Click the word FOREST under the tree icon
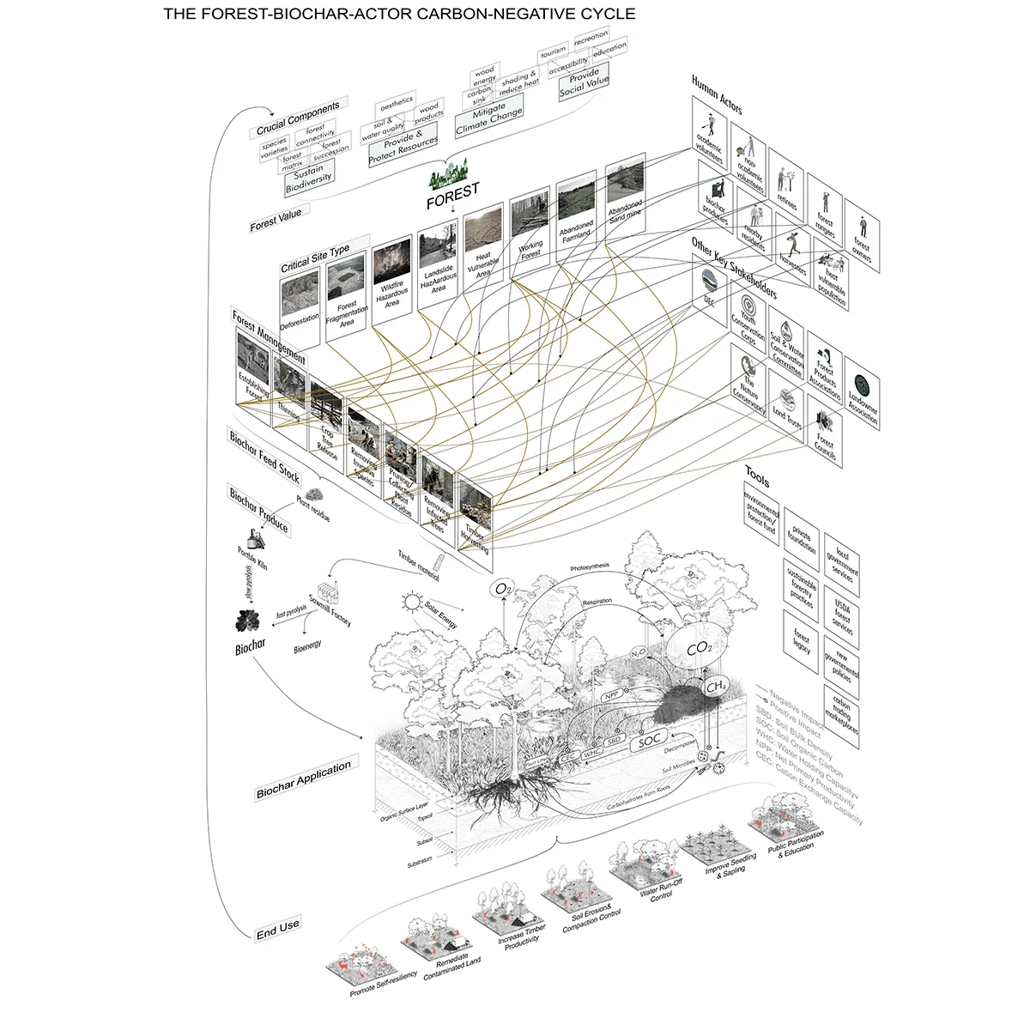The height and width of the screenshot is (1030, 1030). (453, 192)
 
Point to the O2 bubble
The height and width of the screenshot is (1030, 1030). (502, 590)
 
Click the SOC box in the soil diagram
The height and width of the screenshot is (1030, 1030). (651, 739)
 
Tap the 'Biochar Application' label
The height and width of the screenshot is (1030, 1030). (303, 780)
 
